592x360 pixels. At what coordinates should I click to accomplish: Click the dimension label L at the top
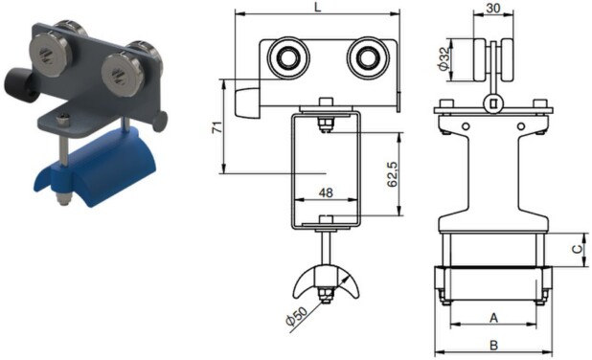[x=318, y=7]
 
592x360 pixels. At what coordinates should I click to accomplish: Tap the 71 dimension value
[x=217, y=127]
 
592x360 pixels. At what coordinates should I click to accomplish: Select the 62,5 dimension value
[x=393, y=174]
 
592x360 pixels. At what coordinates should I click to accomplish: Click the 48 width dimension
[x=326, y=192]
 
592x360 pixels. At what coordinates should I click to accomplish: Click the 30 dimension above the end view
[x=493, y=8]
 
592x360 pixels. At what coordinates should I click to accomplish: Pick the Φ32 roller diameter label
[x=444, y=58]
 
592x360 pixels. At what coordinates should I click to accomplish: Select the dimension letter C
[x=578, y=250]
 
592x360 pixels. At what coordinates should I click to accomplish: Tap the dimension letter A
[x=493, y=318]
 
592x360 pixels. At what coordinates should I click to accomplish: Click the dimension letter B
[x=493, y=345]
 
